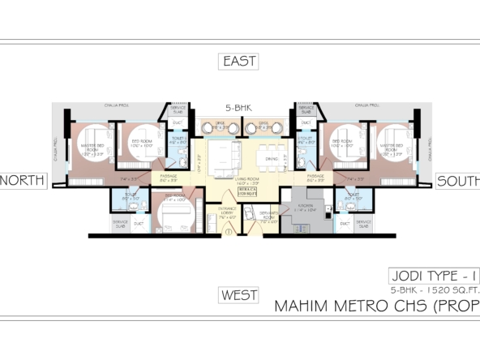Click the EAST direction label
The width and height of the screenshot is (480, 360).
(239, 62)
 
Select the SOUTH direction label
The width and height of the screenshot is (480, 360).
(460, 181)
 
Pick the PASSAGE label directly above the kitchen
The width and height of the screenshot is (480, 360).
(316, 176)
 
